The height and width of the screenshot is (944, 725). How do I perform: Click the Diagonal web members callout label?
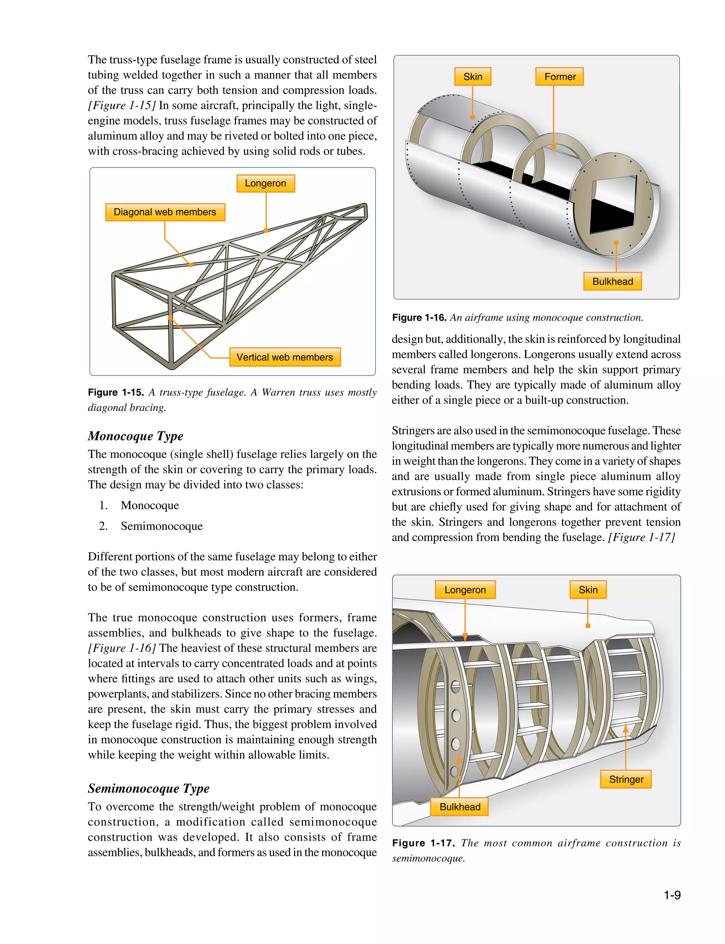165,212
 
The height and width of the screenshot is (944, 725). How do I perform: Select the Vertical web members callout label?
285,357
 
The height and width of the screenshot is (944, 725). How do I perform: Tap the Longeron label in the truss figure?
266,183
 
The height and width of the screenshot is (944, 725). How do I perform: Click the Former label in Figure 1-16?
560,77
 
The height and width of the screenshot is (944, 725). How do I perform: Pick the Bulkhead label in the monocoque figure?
612,282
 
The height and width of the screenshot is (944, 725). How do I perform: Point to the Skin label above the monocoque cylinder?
473,77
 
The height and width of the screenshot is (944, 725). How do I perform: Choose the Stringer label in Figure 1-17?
626,779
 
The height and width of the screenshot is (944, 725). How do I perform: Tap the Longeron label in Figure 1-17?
465,590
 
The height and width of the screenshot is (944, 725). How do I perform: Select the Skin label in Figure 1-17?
588,590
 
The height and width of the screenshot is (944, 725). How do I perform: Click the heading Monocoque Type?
136,436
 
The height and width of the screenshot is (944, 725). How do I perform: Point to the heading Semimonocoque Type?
148,788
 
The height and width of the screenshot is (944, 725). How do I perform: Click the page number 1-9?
672,895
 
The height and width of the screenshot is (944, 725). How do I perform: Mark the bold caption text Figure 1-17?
423,843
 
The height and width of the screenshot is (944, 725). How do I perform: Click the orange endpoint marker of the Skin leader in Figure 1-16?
473,117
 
